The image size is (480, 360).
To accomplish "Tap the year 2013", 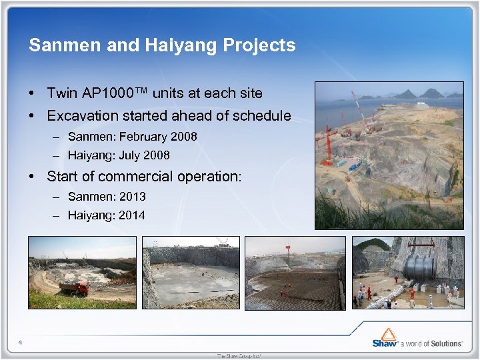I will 132,197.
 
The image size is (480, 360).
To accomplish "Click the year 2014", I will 131,215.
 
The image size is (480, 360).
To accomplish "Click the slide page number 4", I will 21,343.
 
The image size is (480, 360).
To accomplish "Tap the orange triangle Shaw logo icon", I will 386,333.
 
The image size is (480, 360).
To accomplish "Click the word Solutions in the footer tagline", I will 445,343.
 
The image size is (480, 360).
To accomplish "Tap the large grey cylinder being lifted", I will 420,268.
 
